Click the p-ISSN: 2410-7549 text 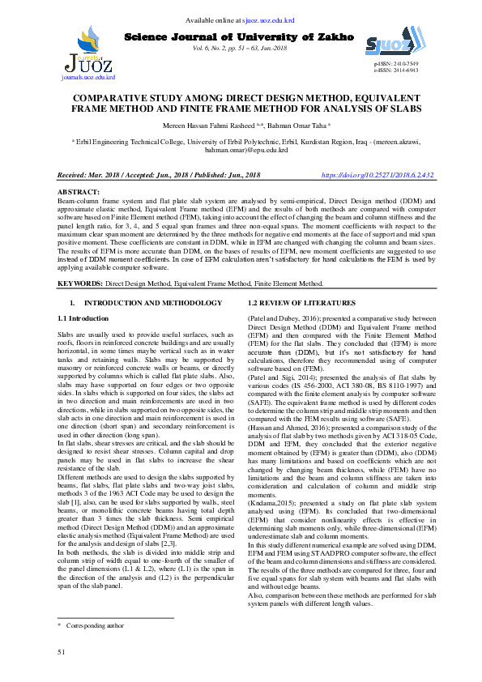[x=397, y=63]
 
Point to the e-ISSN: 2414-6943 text [x=397, y=70]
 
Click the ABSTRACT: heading [x=79, y=191]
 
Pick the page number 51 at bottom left [x=61, y=651]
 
